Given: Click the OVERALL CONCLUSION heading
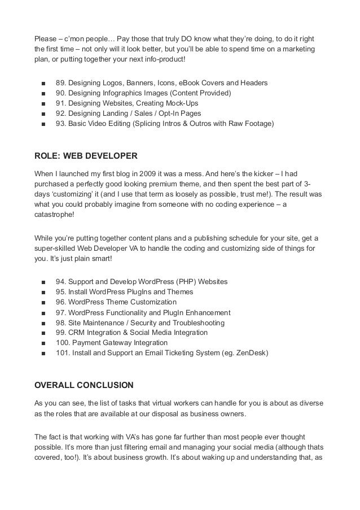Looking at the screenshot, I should click(84, 386).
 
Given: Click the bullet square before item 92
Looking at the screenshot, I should click(43, 114).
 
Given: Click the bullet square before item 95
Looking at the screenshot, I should click(43, 292).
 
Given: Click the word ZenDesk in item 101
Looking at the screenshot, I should click(249, 353).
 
